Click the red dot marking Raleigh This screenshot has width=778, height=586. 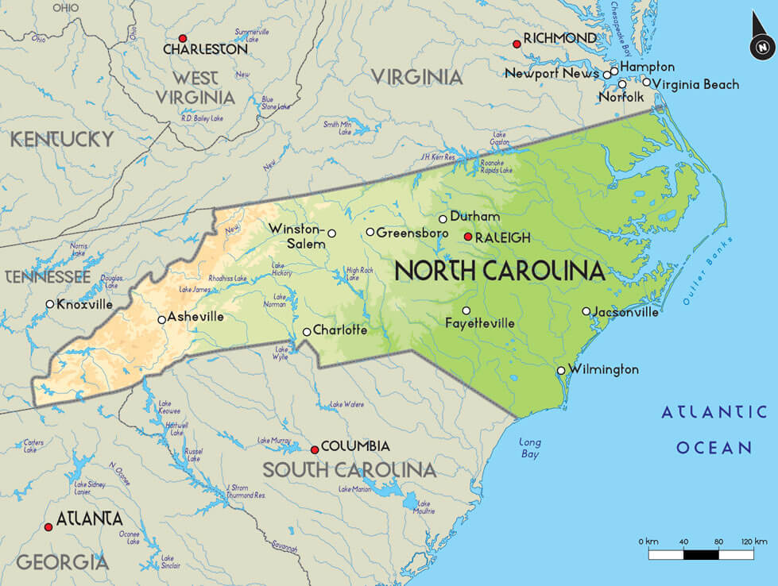click(468, 237)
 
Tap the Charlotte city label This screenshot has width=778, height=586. click(340, 330)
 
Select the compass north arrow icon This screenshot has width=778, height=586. click(761, 46)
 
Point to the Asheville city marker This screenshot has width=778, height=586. click(162, 320)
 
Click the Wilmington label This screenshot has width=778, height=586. click(603, 370)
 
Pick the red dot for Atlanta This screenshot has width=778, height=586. click(48, 526)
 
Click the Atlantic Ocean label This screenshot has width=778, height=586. click(714, 430)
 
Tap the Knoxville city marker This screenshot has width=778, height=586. click(50, 304)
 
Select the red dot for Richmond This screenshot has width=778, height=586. click(517, 44)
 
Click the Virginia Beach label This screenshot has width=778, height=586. click(697, 84)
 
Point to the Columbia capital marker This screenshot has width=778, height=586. click(315, 449)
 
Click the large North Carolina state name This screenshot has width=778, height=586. click(500, 271)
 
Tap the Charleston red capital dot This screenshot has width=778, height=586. click(183, 38)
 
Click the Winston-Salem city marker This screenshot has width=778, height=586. click(332, 233)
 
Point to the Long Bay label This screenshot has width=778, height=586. click(530, 448)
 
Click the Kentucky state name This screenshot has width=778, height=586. click(61, 140)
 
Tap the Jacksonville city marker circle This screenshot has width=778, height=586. click(586, 311)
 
